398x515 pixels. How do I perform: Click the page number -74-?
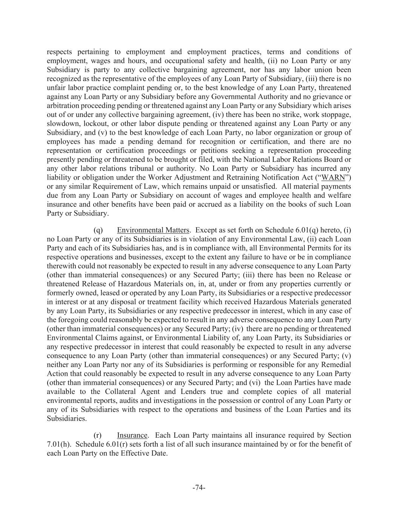(199, 487)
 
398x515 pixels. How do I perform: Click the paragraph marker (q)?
(98, 230)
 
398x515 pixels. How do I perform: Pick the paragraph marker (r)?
(97, 435)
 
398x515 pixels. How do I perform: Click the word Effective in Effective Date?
(134, 454)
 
